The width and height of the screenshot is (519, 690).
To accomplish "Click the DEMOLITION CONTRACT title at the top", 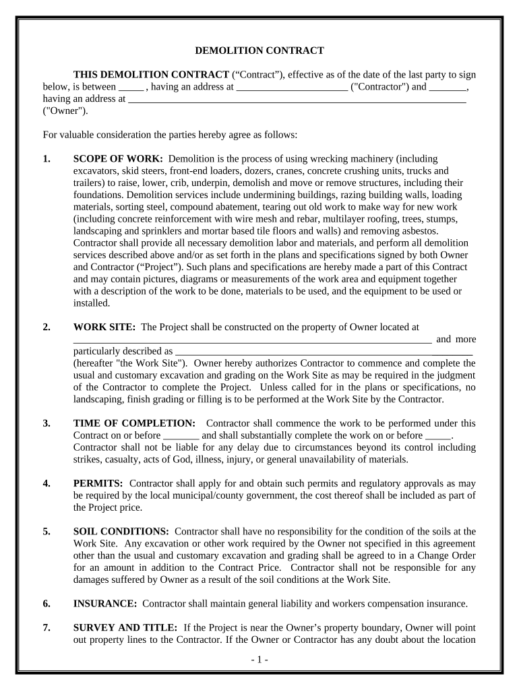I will pyautogui.click(x=259, y=51).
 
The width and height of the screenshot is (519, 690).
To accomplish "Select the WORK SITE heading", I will pyautogui.click(x=104, y=327).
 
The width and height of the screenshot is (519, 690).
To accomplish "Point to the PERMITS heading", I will pyautogui.click(x=98, y=484).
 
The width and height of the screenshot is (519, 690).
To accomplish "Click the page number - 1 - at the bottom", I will pyautogui.click(x=259, y=660).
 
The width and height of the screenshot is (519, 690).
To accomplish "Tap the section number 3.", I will pyautogui.click(x=47, y=423).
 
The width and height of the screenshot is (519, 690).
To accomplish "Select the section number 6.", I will pyautogui.click(x=47, y=603).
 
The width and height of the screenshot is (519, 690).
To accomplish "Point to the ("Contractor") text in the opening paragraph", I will pyautogui.click(x=379, y=86).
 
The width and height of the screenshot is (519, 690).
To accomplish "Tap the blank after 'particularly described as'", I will pyautogui.click(x=324, y=352).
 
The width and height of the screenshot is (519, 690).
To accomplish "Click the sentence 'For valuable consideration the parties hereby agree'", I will pyautogui.click(x=170, y=135).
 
